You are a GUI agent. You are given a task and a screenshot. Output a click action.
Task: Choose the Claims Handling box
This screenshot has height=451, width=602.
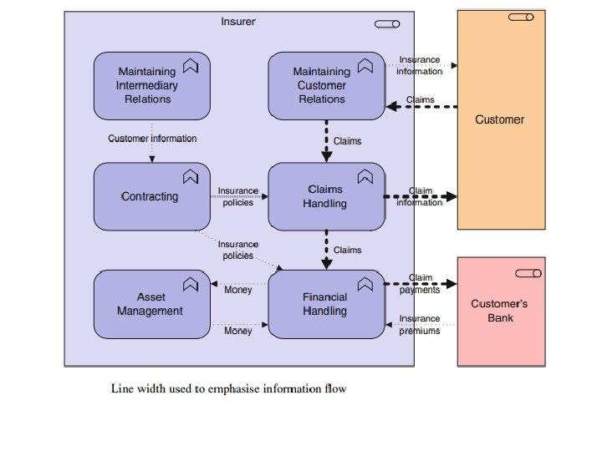pos(326,197)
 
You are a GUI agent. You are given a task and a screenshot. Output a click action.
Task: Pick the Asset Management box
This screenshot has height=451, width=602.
pos(151,304)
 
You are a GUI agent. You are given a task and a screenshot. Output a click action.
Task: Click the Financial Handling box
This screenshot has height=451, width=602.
pos(326,304)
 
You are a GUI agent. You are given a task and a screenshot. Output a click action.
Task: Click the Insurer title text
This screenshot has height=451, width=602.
pos(238,21)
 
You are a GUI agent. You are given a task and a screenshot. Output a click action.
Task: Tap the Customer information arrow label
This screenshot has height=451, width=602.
pos(152,138)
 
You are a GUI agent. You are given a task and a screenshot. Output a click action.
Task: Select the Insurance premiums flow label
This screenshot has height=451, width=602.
pos(420,325)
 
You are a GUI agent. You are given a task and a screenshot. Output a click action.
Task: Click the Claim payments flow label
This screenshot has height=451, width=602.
pos(420,284)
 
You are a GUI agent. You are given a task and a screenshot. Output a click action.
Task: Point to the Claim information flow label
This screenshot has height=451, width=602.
pos(420,196)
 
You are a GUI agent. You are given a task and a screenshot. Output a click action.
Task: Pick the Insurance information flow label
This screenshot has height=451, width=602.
pos(420,65)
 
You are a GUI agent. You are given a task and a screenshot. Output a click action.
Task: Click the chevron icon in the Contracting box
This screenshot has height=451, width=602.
pos(190,176)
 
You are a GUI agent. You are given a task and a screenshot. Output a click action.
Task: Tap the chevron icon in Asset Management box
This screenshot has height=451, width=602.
pos(190,283)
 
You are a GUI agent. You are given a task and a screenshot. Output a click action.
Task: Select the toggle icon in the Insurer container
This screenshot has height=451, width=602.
pos(387,23)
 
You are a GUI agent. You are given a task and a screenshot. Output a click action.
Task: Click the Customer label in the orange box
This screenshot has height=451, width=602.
pos(500,119)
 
